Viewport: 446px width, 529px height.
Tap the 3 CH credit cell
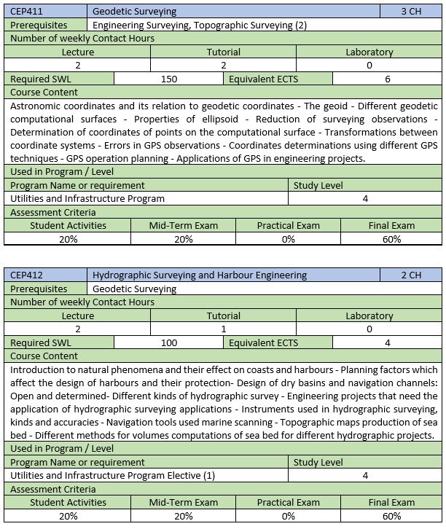[x=411, y=12]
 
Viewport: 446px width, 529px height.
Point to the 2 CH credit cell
[x=411, y=275]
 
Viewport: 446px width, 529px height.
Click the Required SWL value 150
[x=169, y=79]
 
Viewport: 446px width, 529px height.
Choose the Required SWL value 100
[x=169, y=342]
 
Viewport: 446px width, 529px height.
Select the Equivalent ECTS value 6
[x=387, y=79]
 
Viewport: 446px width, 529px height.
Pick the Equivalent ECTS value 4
[x=387, y=342]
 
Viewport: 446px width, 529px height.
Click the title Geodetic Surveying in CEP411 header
[x=135, y=12]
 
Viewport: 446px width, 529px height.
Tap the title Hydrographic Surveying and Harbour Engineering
[x=200, y=275]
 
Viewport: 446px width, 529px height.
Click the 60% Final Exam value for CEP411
[x=391, y=239]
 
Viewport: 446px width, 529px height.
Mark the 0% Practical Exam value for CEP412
[x=288, y=516]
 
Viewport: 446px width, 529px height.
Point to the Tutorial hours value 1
[x=223, y=329]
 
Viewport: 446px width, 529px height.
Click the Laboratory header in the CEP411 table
[x=369, y=52]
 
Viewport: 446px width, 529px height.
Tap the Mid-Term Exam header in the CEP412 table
[x=184, y=502]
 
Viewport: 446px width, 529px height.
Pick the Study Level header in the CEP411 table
[x=318, y=185]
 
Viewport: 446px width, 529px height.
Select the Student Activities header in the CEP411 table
[x=68, y=225]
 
